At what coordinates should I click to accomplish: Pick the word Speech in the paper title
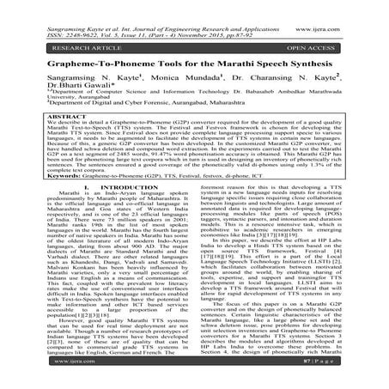click(283, 56)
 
